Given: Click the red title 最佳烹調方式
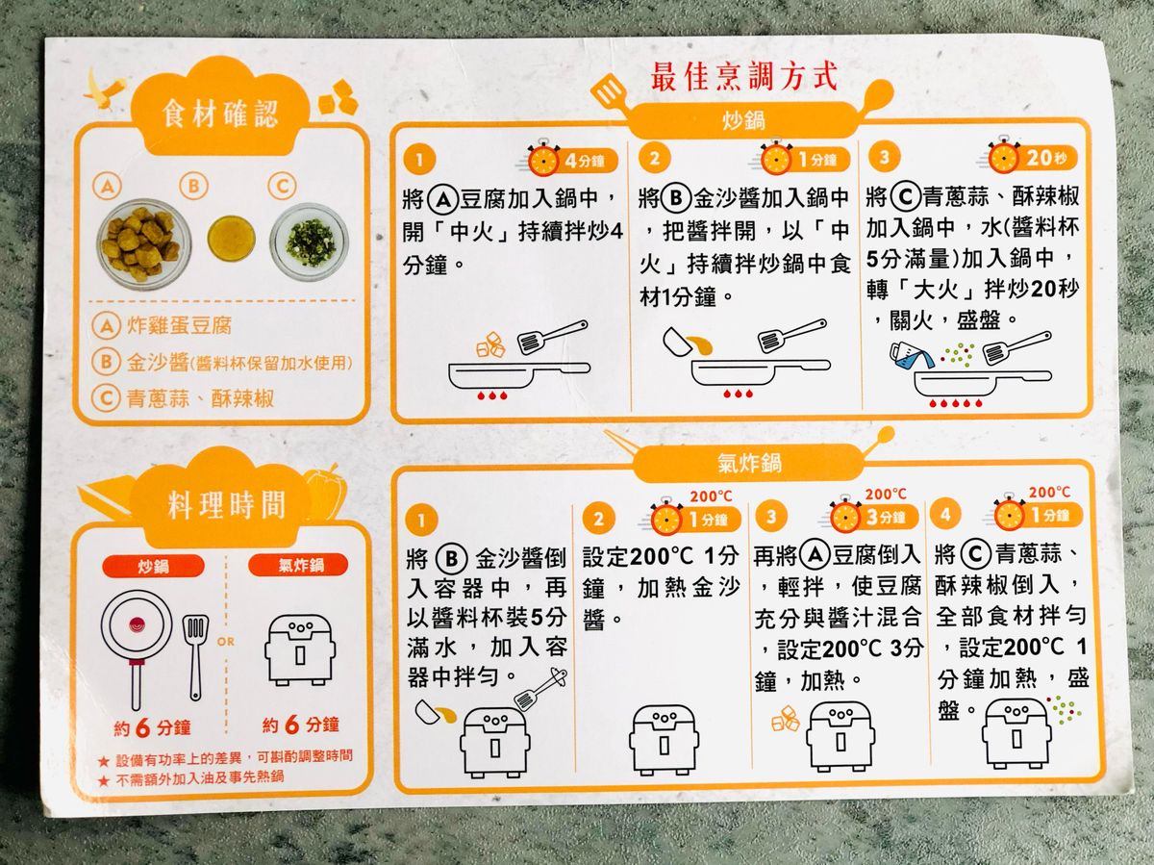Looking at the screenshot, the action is pos(743,77).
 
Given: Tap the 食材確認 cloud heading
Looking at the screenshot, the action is pos(220,114).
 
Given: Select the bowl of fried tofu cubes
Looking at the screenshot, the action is pos(143,241).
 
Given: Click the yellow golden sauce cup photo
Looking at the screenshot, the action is pos(232,240).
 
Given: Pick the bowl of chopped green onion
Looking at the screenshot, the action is pos(309,242).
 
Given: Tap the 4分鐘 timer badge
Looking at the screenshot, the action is pos(572,160).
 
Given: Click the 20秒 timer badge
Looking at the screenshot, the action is pos(1032,157).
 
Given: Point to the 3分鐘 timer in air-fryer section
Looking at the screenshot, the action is pos(874,516).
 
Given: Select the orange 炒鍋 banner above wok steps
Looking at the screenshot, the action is pos(742,120).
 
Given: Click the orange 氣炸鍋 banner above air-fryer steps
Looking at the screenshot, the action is pos(748,463).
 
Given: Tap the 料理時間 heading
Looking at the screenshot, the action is pos(226,505).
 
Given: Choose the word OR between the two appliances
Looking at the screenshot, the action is pos(226,642).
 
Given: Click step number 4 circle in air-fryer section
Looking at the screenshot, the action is pos(945,514).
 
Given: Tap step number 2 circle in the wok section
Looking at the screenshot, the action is pos(655,158).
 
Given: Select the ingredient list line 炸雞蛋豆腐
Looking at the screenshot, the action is pos(179,326).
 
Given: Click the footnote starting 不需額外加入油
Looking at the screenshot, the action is pos(200,777).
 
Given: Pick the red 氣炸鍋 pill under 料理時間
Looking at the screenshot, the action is pos(298,565).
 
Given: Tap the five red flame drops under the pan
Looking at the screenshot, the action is pos(955,403).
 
